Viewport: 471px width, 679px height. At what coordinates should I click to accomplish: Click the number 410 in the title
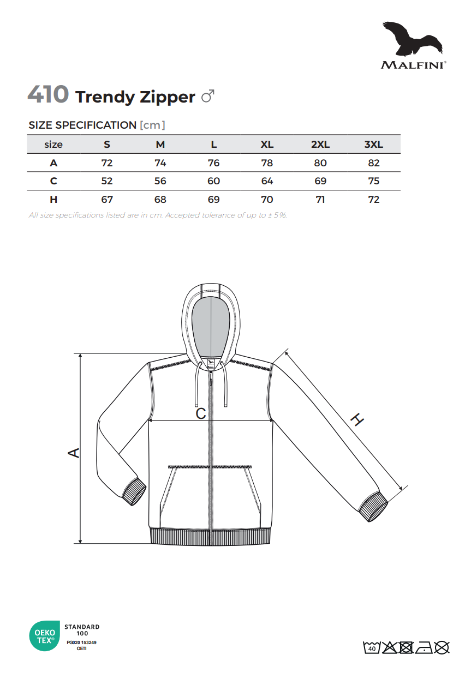[48, 94]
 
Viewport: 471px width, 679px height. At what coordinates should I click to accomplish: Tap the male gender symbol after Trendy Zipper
[208, 96]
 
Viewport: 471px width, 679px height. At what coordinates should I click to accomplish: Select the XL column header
[267, 145]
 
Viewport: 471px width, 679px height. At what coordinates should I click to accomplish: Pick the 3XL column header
[374, 145]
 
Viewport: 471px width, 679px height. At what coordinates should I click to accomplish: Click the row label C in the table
[53, 181]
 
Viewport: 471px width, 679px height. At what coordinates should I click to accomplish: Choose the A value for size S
[107, 163]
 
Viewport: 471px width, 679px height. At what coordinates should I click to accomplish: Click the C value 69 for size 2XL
[320, 181]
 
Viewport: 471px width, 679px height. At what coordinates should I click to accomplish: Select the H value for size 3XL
[374, 200]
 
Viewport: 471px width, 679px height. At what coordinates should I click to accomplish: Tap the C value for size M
[160, 181]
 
